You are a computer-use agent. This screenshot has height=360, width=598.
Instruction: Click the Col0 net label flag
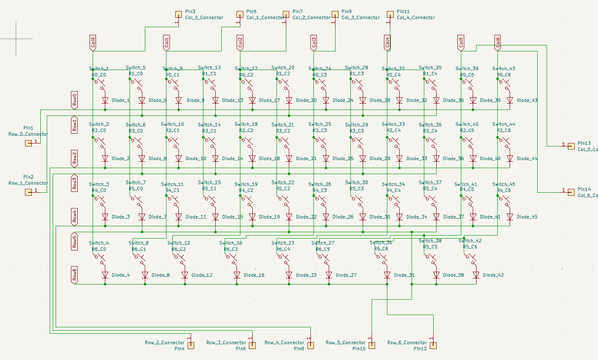pos(93,43)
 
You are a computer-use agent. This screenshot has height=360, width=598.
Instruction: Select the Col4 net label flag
pos(387,43)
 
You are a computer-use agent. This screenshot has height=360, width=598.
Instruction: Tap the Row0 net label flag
pos(74,100)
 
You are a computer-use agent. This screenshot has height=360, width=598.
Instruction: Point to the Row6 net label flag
pos(74,275)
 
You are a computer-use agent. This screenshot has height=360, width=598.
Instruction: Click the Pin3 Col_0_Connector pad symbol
pos(178,15)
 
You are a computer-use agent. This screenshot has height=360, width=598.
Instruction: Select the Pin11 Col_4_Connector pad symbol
pos(390,15)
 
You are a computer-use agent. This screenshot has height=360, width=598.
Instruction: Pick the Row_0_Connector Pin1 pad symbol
pos(28,143)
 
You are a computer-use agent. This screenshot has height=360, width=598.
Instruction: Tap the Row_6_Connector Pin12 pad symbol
pos(433,345)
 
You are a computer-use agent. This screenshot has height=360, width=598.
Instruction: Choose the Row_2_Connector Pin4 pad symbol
pos(191,345)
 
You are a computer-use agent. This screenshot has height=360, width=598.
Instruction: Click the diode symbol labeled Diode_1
pos(105,101)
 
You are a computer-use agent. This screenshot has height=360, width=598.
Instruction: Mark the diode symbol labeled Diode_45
pos(510,217)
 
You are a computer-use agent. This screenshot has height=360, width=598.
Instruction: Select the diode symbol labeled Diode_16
pos(237,275)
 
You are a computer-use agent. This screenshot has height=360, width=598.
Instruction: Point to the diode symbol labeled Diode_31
pos(387,275)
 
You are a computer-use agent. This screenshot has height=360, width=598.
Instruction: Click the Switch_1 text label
pos(99,68)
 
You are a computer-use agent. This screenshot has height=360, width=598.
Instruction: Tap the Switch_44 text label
pos(504,124)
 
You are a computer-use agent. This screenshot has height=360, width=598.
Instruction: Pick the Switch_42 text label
pos(470,241)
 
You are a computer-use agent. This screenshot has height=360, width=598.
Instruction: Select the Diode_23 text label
pos(306,275)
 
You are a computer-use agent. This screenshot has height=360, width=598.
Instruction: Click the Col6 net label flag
pos(498,43)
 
